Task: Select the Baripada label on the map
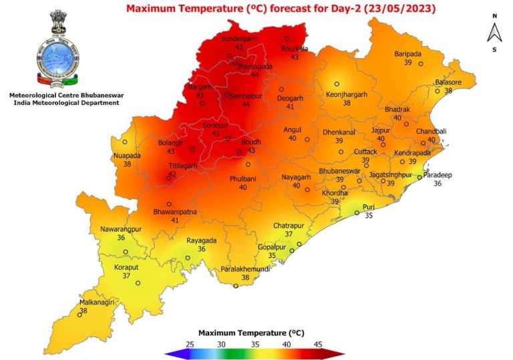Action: click(407, 53)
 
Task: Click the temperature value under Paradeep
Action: click(438, 184)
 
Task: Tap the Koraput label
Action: click(126, 267)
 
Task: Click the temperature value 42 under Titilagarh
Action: click(172, 174)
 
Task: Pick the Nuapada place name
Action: click(127, 155)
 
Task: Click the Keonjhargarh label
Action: click(347, 95)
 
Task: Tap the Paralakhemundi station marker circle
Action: click(236, 286)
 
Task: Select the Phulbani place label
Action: click(243, 179)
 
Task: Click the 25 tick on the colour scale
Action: click(190, 343)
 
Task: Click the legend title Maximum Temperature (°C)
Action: click(251, 332)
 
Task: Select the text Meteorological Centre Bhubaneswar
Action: click(65, 96)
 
